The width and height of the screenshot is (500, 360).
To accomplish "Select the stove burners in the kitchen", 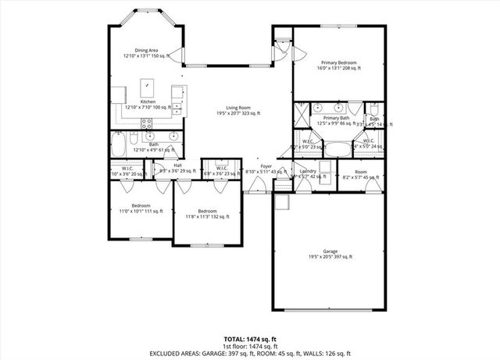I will (146, 123).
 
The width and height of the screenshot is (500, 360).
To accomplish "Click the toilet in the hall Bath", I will (134, 141).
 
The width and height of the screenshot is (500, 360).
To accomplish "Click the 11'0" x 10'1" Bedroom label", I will (141, 208).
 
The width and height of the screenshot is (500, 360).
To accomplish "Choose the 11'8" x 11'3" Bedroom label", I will (207, 214).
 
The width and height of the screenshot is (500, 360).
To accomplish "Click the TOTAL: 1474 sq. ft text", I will (249, 339).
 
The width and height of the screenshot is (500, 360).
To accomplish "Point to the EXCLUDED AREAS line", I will (249, 353).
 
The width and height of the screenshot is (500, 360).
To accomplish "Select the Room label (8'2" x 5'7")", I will (360, 174).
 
